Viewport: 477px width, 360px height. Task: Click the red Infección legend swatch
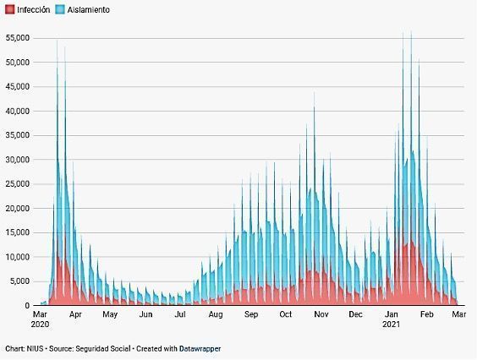10,10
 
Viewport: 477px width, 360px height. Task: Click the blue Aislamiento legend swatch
60,10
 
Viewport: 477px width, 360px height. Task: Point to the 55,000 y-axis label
18,38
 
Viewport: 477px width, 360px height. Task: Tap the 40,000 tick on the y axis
18,111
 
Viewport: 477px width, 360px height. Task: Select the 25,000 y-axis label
18,184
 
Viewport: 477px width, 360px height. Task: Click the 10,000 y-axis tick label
18,257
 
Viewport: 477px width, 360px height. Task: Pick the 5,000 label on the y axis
19,281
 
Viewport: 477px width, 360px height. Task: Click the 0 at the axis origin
27,306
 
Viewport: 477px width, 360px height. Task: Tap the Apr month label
75,314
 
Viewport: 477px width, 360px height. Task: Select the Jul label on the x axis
180,314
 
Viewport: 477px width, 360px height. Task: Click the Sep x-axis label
251,314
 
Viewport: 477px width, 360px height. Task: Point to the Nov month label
321,314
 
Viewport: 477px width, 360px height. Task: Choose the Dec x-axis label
355,314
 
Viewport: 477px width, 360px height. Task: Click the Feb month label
426,314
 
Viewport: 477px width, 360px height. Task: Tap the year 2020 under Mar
40,325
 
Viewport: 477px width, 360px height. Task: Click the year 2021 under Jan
391,325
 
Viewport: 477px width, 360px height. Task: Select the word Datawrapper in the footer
200,349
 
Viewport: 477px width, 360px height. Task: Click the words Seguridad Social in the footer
103,349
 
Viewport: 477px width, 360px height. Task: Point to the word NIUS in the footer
35,349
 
